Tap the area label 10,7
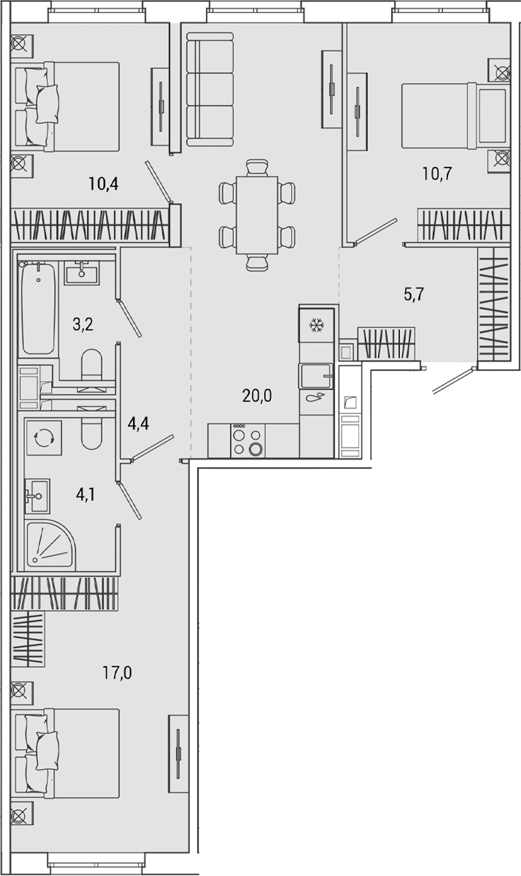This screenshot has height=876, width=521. pyautogui.click(x=437, y=174)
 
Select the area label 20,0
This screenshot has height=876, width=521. pyautogui.click(x=258, y=396)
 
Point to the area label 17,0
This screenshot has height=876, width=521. pyautogui.click(x=117, y=673)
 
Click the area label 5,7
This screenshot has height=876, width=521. pyautogui.click(x=414, y=294)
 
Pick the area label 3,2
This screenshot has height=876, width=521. pyautogui.click(x=82, y=324)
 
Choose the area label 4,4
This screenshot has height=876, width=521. pyautogui.click(x=137, y=422)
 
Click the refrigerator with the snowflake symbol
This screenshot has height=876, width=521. pyautogui.click(x=318, y=325)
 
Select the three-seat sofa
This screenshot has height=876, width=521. pyautogui.click(x=210, y=93)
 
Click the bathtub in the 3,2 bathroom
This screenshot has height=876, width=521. pyautogui.click(x=38, y=308)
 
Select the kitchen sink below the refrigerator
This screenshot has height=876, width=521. pyautogui.click(x=317, y=376)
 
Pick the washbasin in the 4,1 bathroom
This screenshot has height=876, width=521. pyautogui.click(x=38, y=495)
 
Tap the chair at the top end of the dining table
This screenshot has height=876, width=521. pyautogui.click(x=256, y=167)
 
